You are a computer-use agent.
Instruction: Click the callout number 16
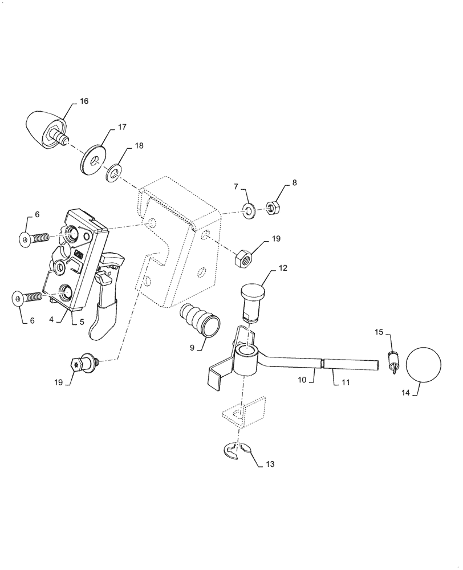[84, 101]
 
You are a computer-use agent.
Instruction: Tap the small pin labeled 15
[392, 361]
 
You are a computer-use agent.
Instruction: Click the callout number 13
[270, 465]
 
